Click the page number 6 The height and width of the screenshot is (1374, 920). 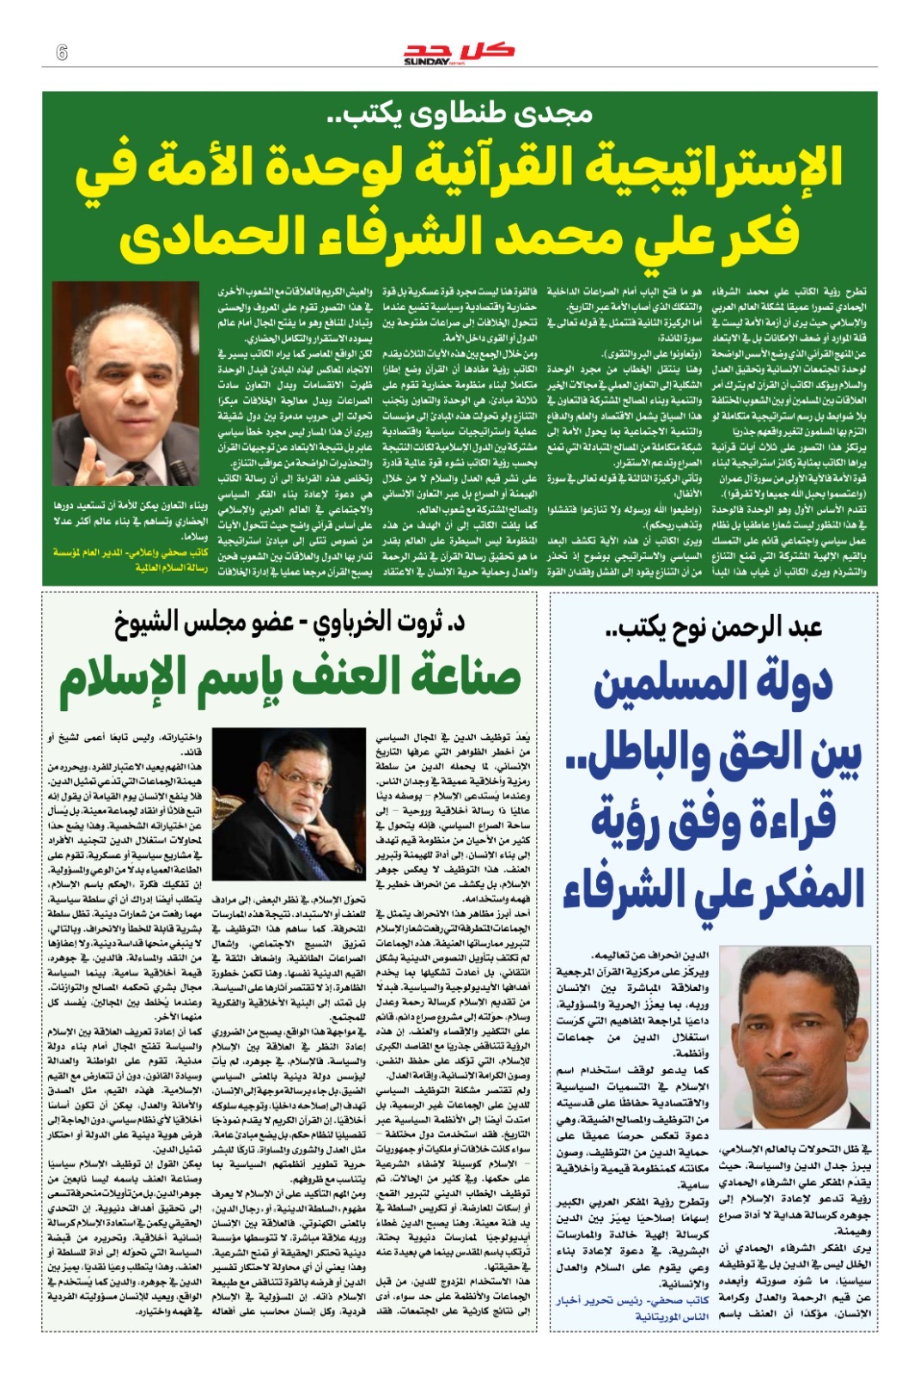pyautogui.click(x=62, y=52)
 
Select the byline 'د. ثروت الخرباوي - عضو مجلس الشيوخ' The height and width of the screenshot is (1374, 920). pyautogui.click(x=289, y=623)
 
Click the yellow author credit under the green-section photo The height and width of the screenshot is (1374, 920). pyautogui.click(x=130, y=560)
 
